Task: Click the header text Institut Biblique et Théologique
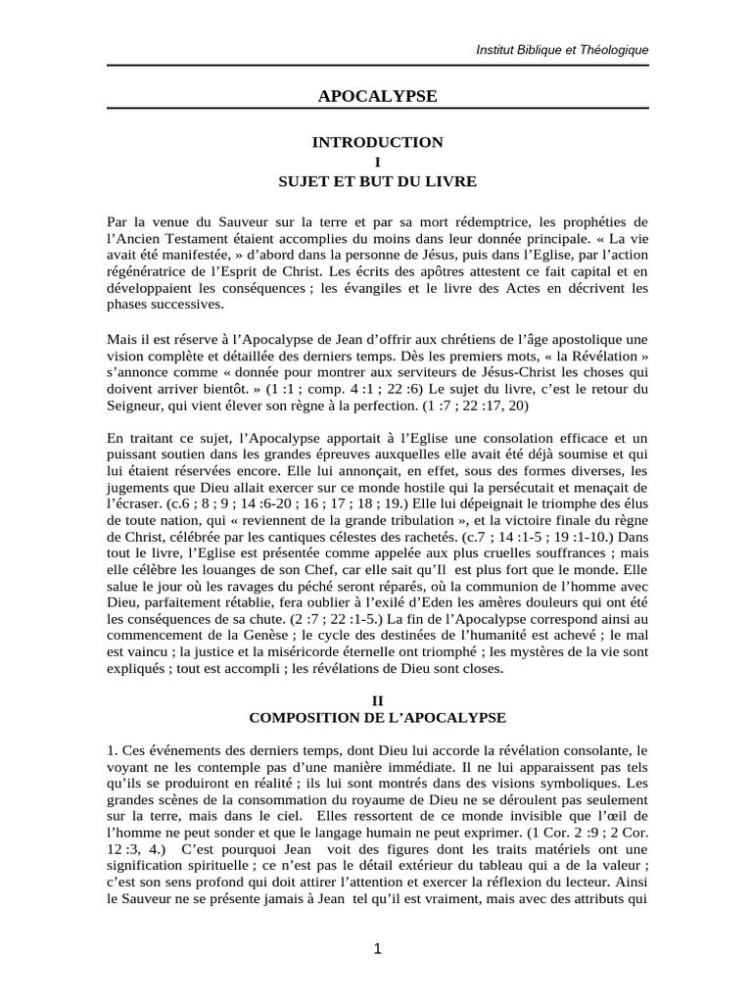coord(561,49)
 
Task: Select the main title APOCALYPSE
coord(377,95)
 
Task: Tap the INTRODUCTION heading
coord(377,142)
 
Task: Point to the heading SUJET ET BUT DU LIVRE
coord(377,181)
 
